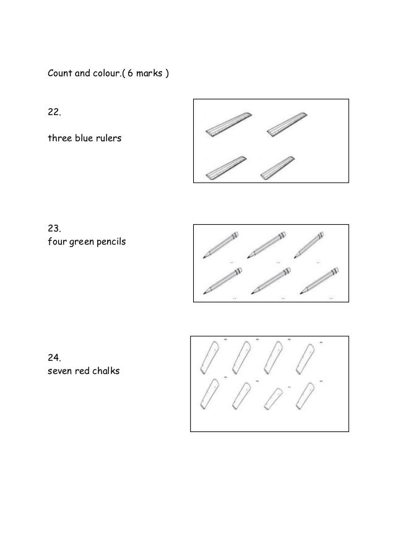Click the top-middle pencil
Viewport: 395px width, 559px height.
(x=267, y=245)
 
